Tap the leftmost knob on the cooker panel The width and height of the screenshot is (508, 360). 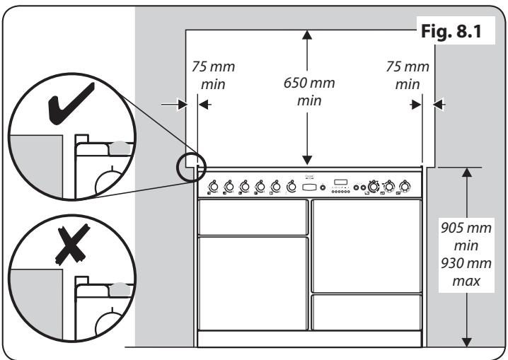[x=212, y=187]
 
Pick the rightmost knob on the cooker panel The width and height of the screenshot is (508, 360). [x=405, y=187]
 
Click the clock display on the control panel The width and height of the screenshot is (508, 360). [x=342, y=181]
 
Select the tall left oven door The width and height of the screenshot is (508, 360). [x=253, y=283]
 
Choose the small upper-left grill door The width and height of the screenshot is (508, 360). [x=253, y=217]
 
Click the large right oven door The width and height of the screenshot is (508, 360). [x=366, y=245]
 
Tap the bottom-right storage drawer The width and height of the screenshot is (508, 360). [x=366, y=312]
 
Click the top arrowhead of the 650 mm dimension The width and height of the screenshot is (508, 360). [x=306, y=35]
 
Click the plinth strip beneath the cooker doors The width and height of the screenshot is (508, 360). [x=310, y=340]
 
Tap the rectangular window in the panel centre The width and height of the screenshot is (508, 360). [x=309, y=187]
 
